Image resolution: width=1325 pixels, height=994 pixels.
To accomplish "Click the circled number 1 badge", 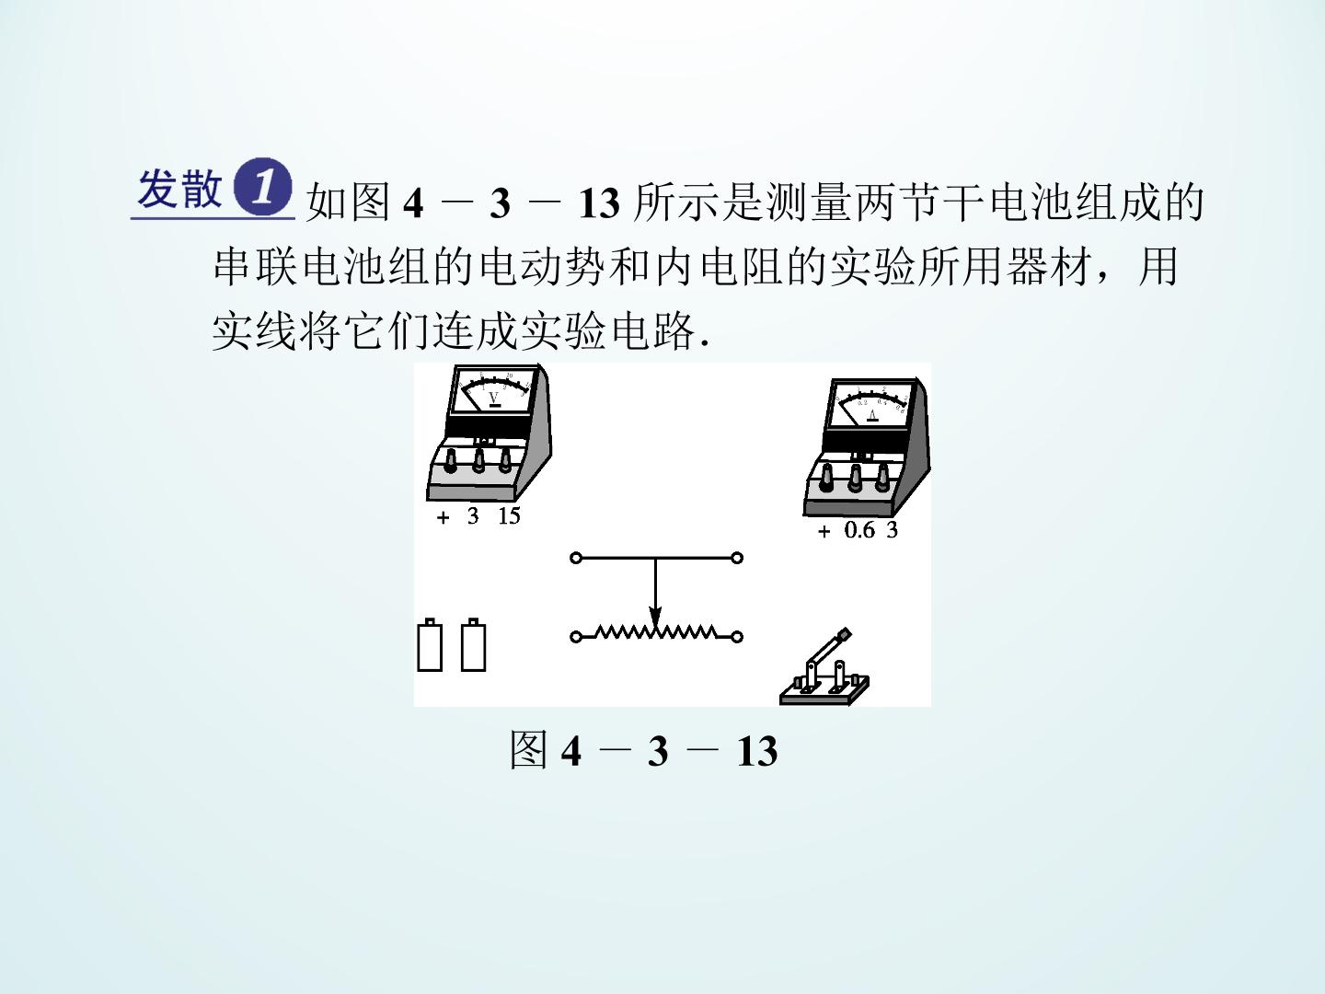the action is tap(262, 188).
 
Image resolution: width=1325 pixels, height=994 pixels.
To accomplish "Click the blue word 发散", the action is tap(179, 189).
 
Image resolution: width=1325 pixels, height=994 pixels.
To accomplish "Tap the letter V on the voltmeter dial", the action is tap(494, 399).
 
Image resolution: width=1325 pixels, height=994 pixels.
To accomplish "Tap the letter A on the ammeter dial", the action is tap(872, 414).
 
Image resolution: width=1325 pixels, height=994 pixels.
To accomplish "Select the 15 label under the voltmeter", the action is tap(509, 516).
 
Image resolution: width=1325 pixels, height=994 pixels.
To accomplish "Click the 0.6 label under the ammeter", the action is tap(859, 530).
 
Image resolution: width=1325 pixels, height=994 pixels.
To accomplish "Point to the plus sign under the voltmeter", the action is tap(444, 518).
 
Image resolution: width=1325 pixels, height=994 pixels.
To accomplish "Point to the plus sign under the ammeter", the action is tap(824, 532).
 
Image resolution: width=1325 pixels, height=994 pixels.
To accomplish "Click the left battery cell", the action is tap(430, 645).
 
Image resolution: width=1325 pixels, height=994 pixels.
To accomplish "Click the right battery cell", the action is tap(473, 645).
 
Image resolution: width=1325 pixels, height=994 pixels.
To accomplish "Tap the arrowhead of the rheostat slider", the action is tap(655, 617).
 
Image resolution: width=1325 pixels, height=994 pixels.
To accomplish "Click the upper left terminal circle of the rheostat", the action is tap(576, 559).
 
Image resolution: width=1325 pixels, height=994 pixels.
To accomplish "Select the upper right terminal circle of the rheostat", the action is tap(737, 559).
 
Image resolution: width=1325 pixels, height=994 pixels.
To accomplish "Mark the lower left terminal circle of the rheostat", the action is tap(576, 637).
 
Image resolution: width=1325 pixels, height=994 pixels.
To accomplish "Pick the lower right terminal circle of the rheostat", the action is tap(737, 637).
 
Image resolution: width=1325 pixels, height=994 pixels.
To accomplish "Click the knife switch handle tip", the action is tap(845, 634).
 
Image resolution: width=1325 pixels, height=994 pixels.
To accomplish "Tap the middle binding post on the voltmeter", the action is tap(478, 461).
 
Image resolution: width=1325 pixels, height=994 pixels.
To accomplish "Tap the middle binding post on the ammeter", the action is tap(855, 478).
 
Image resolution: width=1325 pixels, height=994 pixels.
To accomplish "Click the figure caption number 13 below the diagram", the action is tap(757, 752).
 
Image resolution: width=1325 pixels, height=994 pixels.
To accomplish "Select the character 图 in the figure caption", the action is tap(529, 750).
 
